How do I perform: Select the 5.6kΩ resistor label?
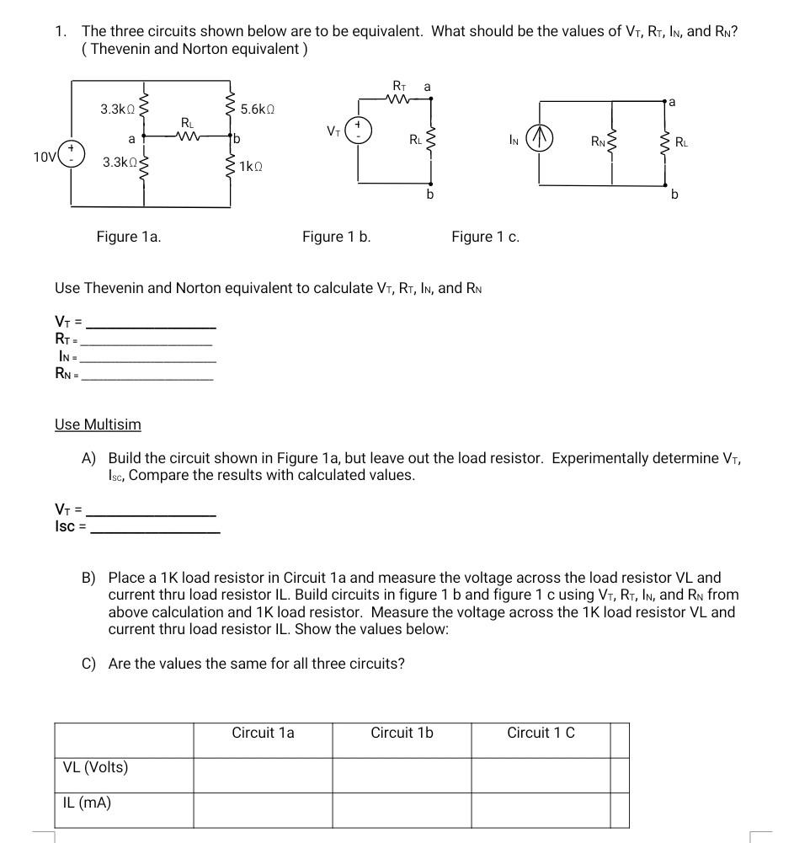click(258, 109)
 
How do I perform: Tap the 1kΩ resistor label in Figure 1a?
click(252, 167)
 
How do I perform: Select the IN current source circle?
click(540, 140)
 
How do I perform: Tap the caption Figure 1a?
click(129, 237)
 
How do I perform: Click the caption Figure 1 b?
click(337, 237)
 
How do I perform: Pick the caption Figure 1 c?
click(485, 237)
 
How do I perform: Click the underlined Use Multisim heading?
click(98, 424)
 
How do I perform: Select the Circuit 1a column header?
click(263, 733)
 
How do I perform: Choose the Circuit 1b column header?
click(402, 733)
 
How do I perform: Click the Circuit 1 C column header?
click(541, 733)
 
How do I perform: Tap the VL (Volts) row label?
click(96, 767)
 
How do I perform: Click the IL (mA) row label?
click(88, 803)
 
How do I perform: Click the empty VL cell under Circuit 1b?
click(402, 775)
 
